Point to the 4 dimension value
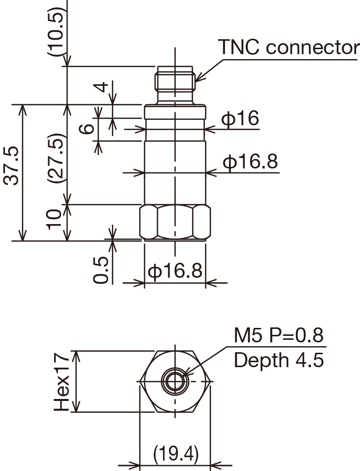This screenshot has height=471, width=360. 101,87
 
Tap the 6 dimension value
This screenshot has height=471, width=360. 87,129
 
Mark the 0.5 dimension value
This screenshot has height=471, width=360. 101,270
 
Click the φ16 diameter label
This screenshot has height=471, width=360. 240,119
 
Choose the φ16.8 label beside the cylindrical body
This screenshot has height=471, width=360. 250,162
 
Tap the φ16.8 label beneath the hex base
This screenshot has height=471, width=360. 175,271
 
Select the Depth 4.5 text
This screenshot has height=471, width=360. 279,360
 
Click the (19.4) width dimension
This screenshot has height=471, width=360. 176,453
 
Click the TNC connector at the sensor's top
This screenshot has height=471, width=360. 174,82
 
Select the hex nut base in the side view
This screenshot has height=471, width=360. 174,223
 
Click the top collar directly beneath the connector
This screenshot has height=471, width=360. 174,112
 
